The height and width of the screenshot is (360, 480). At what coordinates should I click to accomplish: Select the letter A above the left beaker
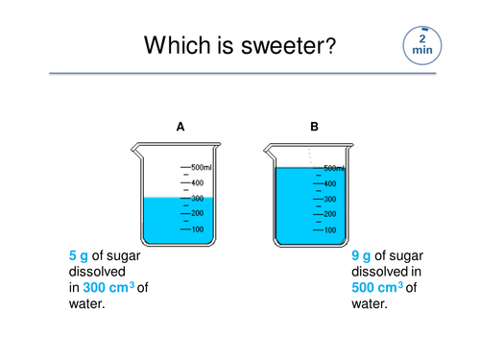[180, 126]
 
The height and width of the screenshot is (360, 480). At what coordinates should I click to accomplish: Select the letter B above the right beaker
[314, 126]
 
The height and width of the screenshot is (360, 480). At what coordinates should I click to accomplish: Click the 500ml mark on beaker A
[204, 167]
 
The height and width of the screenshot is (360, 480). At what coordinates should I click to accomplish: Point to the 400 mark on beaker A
[197, 182]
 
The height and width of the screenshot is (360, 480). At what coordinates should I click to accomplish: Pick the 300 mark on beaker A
[197, 198]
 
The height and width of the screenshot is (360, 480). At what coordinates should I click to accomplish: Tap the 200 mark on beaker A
[197, 213]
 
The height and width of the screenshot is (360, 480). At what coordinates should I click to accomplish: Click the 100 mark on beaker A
[197, 229]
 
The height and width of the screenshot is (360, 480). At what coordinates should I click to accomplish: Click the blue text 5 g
[78, 255]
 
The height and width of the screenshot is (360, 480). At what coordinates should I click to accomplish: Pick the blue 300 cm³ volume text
[108, 287]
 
